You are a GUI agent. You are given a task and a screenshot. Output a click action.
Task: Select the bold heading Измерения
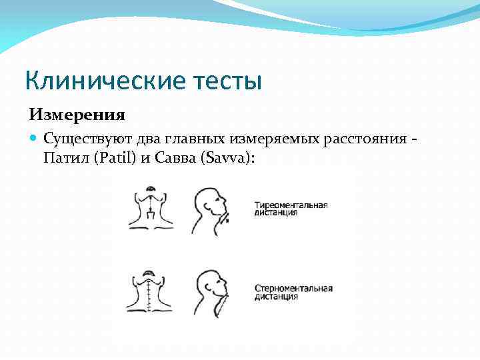click(77, 115)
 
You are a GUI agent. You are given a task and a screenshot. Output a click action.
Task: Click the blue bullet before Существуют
click(34, 139)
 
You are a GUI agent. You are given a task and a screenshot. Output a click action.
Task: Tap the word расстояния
click(364, 139)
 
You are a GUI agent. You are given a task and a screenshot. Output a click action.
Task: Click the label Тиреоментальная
click(291, 204)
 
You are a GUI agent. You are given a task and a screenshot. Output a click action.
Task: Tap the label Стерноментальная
click(293, 288)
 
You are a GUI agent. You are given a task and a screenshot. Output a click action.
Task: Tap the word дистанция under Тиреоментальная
click(277, 213)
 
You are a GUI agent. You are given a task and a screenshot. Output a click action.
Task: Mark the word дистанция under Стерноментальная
click(277, 297)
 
